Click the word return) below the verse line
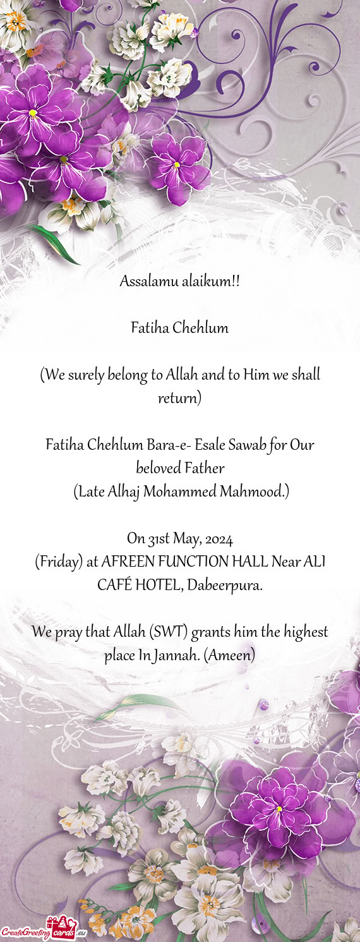[179, 399]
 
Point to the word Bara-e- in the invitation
[169, 445]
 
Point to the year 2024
[219, 539]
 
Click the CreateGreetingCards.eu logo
[43, 929]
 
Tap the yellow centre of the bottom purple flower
[279, 809]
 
